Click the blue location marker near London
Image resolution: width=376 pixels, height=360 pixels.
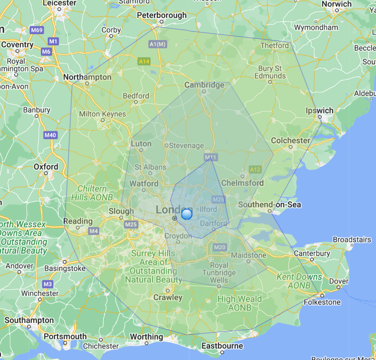187,214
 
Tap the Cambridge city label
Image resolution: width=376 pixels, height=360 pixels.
204,85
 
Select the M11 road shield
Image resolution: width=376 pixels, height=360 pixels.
211,157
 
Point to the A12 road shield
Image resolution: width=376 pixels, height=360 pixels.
255,169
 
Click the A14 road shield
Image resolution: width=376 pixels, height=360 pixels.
144,62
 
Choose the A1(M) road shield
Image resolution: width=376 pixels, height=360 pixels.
158,44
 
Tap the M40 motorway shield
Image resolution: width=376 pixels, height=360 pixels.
50,135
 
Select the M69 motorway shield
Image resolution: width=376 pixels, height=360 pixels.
37,30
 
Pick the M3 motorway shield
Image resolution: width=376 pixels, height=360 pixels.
48,284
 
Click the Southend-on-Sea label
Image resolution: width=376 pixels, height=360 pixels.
269,205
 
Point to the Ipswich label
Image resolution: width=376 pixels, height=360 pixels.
319,110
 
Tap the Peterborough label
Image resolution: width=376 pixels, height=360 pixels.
162,15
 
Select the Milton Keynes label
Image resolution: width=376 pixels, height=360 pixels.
102,114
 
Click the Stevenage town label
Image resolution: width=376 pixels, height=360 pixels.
186,145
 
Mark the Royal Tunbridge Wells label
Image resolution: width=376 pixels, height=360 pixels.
219,272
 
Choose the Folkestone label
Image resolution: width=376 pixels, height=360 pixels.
322,302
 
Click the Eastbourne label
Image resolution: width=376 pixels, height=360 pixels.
222,346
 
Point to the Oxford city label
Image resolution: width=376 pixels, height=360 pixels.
46,167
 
